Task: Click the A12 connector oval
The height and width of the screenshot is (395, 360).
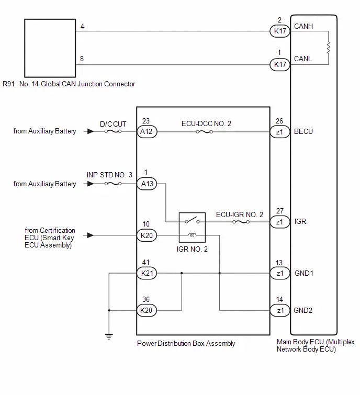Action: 147,131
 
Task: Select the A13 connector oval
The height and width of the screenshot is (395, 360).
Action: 147,184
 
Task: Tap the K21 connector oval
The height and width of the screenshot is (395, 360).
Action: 147,273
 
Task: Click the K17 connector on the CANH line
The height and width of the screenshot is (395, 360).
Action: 280,31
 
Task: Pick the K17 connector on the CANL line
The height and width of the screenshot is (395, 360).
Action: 280,65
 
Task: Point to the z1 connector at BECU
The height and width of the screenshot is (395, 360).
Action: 280,132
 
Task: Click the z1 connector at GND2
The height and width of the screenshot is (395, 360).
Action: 280,310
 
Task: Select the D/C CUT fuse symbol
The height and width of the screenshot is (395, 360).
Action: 113,131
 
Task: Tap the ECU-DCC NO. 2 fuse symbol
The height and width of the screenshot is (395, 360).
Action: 204,132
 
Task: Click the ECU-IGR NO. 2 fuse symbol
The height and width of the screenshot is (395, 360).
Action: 241,222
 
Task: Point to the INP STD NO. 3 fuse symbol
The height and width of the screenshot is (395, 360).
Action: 113,184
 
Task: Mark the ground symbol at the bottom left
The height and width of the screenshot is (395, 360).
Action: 109,336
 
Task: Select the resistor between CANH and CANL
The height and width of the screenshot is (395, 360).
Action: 329,48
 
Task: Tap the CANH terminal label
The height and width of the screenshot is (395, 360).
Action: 303,26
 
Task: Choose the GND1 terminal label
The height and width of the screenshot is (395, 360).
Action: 304,273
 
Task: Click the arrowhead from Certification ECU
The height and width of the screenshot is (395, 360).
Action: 91,235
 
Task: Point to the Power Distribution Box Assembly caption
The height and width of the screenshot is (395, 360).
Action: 186,344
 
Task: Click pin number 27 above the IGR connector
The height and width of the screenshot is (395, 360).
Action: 280,211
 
